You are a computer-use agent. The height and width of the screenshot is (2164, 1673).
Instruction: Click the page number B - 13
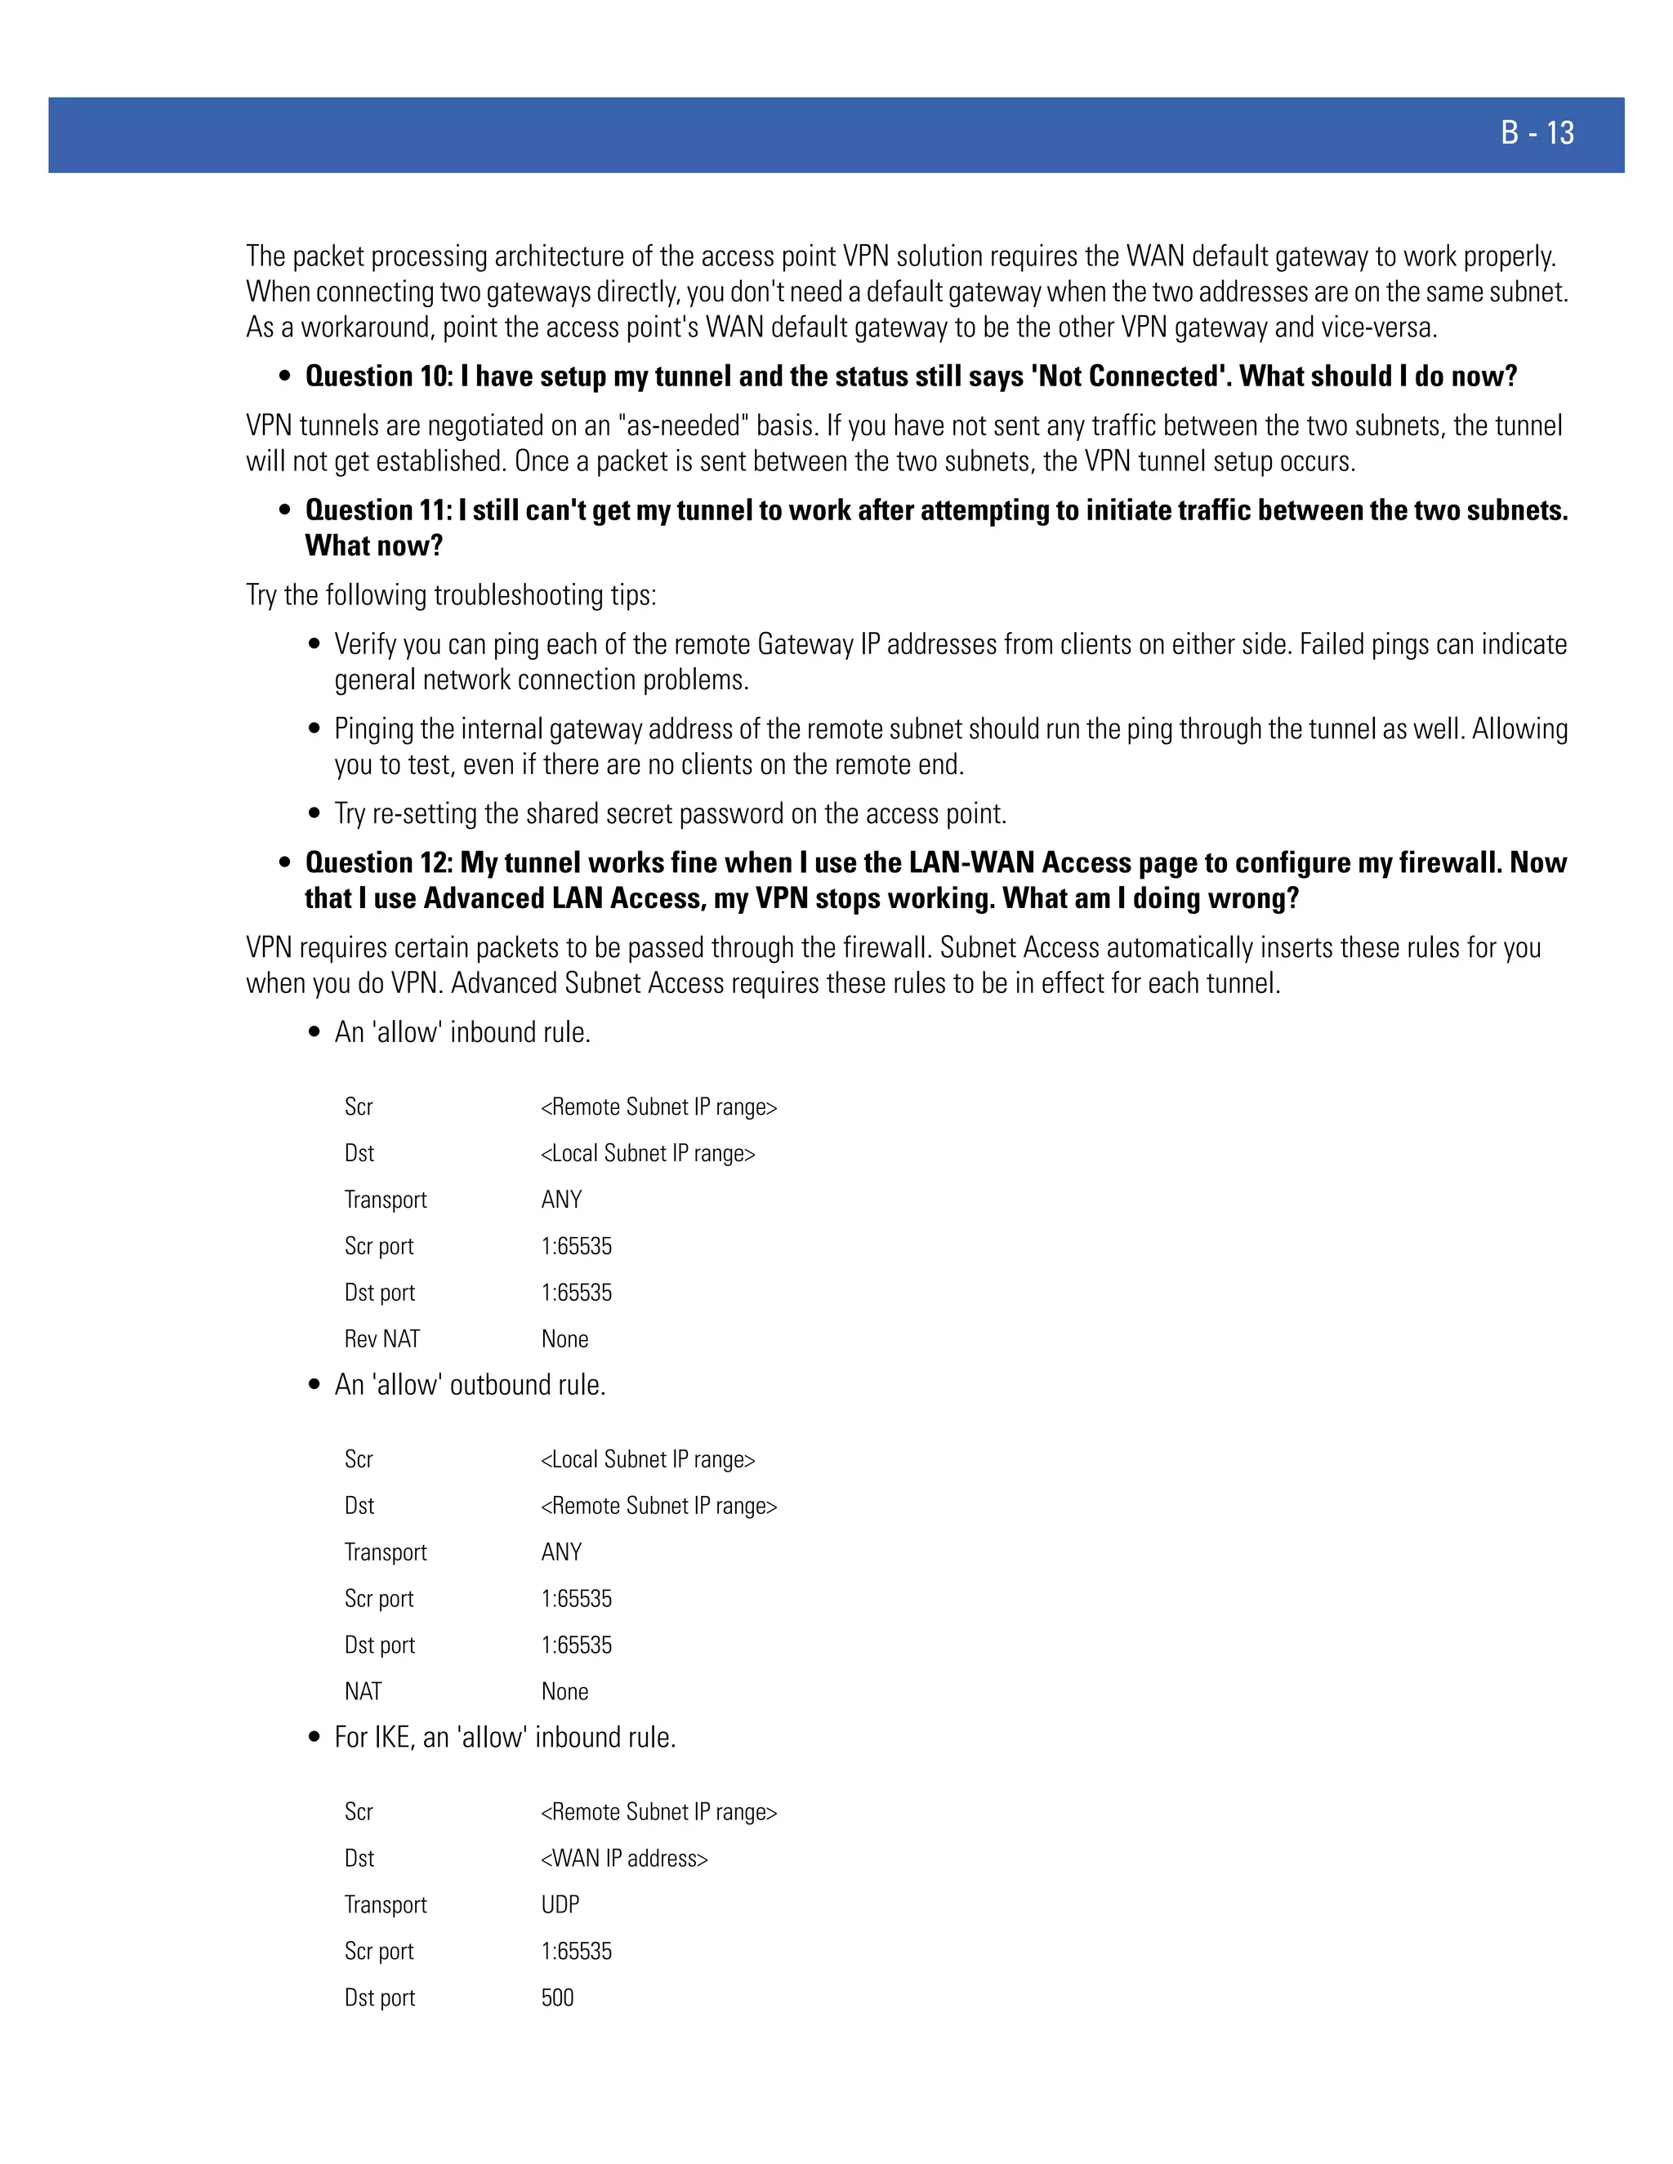coord(1537,133)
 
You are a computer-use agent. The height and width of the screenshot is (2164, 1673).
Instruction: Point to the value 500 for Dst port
coord(557,1997)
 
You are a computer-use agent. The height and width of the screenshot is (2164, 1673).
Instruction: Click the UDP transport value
coord(560,1904)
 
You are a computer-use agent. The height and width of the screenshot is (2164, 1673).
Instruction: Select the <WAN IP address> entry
coord(623,1858)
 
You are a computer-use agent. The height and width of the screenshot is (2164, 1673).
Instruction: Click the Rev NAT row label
coord(381,1338)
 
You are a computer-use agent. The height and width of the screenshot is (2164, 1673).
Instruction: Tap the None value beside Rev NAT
coord(564,1338)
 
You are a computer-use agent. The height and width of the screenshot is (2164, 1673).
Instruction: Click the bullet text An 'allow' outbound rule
coord(469,1385)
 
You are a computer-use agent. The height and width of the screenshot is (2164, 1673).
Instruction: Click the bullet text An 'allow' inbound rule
coord(462,1032)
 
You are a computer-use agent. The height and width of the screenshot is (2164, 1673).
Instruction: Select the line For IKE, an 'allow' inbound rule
coord(505,1737)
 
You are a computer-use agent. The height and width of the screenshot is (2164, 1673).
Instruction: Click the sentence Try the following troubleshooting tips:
coord(451,595)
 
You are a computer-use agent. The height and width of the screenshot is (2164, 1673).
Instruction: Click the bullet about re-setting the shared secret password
coord(670,814)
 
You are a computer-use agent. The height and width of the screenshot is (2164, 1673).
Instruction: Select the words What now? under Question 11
coord(373,546)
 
